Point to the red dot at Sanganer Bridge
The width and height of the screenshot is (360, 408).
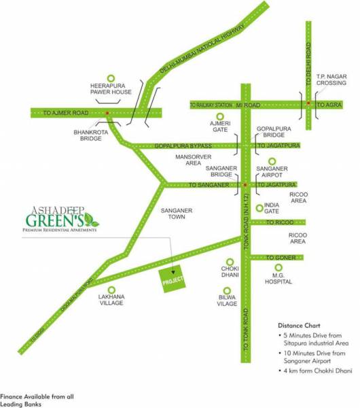(x=245, y=185)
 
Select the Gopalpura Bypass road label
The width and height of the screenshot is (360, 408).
(x=183, y=146)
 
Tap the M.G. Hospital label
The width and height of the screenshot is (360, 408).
(x=278, y=277)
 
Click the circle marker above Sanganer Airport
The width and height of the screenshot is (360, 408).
(x=272, y=161)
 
